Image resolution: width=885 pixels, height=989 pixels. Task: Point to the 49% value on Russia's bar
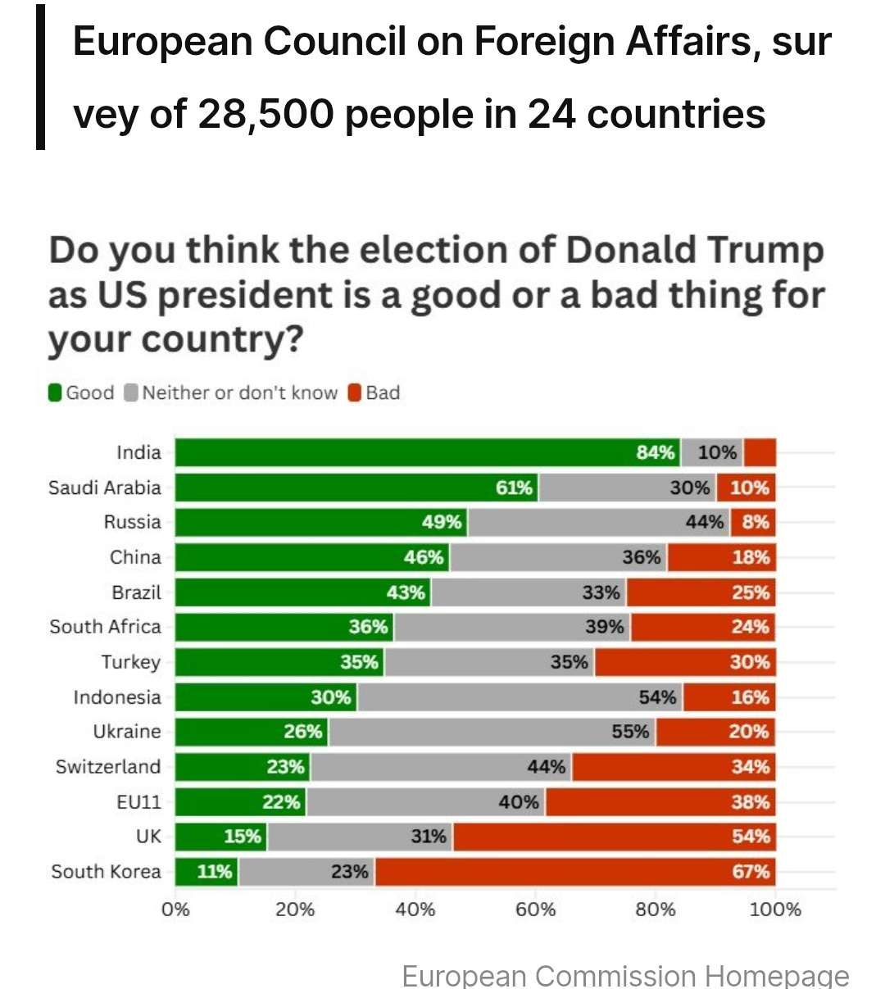pos(442,522)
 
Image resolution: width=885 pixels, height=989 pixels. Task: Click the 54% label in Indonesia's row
pos(657,697)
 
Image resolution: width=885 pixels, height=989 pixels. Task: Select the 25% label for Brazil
pos(751,592)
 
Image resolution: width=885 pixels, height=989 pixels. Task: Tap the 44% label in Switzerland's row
pos(546,767)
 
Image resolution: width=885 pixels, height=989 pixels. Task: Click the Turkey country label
pos(131,662)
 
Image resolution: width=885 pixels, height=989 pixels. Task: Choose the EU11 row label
pos(139,802)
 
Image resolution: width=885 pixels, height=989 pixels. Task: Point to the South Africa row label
pos(105,627)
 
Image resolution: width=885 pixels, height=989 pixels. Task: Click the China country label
pos(135,557)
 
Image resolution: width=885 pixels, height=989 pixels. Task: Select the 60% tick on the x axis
pos(535,910)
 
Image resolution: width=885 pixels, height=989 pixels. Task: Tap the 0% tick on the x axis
pos(175,910)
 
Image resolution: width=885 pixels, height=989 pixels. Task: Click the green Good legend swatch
pos(55,393)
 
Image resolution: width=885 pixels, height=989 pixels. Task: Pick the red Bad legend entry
pos(374,393)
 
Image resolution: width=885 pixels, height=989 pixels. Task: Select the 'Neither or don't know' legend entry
pos(231,393)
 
